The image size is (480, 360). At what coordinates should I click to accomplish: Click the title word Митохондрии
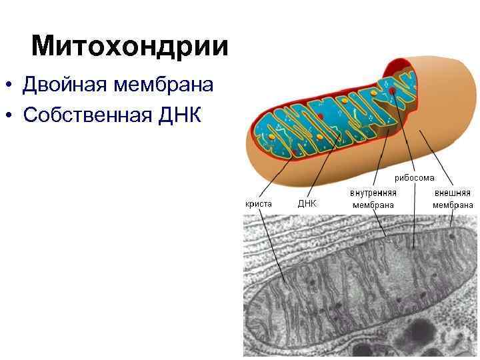click(x=129, y=47)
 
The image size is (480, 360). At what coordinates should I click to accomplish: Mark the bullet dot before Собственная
click(x=8, y=115)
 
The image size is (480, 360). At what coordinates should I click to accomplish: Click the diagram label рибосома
click(x=414, y=177)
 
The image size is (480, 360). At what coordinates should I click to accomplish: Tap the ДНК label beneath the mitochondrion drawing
click(x=307, y=204)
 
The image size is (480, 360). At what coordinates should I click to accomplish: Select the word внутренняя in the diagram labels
click(x=373, y=192)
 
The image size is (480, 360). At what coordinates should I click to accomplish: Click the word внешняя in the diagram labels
click(x=453, y=192)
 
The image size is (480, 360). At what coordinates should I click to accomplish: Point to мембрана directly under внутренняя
click(x=373, y=205)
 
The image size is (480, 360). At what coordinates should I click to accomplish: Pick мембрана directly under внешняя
click(x=453, y=205)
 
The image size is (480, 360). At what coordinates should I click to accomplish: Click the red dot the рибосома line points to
click(x=394, y=91)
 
